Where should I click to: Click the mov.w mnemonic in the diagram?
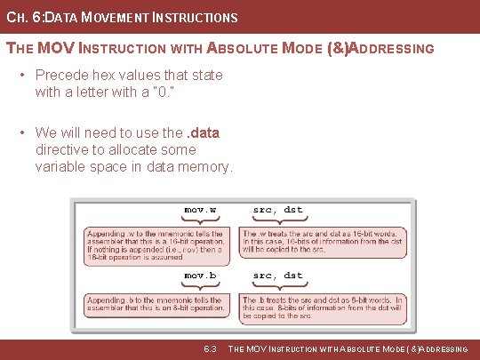pyautogui.click(x=201, y=211)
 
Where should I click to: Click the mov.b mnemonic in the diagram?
pyautogui.click(x=201, y=276)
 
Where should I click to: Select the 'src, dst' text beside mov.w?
pyautogui.click(x=277, y=211)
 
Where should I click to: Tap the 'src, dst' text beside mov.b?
pyautogui.click(x=277, y=276)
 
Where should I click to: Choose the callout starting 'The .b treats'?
pyautogui.click(x=323, y=307)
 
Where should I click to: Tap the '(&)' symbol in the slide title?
pyautogui.click(x=332, y=48)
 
